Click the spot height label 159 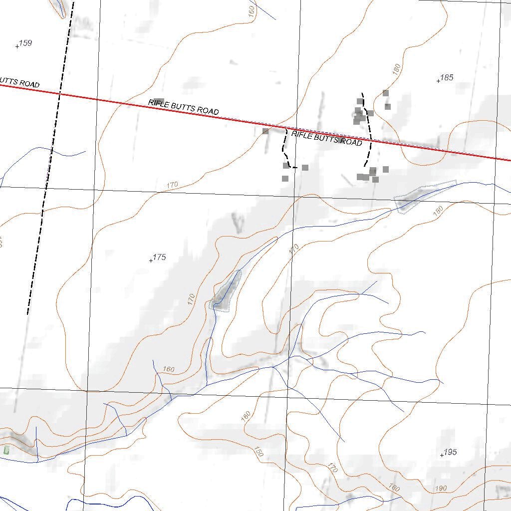pyautogui.click(x=25, y=43)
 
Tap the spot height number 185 pyautogui.click(x=447, y=77)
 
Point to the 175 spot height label pyautogui.click(x=159, y=257)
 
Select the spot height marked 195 pyautogui.click(x=450, y=452)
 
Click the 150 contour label pyautogui.click(x=257, y=452)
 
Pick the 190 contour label pyautogui.click(x=441, y=488)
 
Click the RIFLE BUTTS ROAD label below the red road pyautogui.click(x=326, y=138)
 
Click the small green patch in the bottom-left pyautogui.click(x=6, y=450)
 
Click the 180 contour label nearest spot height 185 pyautogui.click(x=397, y=69)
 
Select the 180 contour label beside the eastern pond pyautogui.click(x=438, y=212)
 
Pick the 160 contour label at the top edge pyautogui.click(x=252, y=9)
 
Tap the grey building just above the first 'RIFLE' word pyautogui.click(x=159, y=102)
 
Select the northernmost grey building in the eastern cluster pyautogui.click(x=385, y=93)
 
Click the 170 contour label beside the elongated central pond pyautogui.click(x=191, y=299)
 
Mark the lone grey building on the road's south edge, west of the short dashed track pyautogui.click(x=265, y=131)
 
